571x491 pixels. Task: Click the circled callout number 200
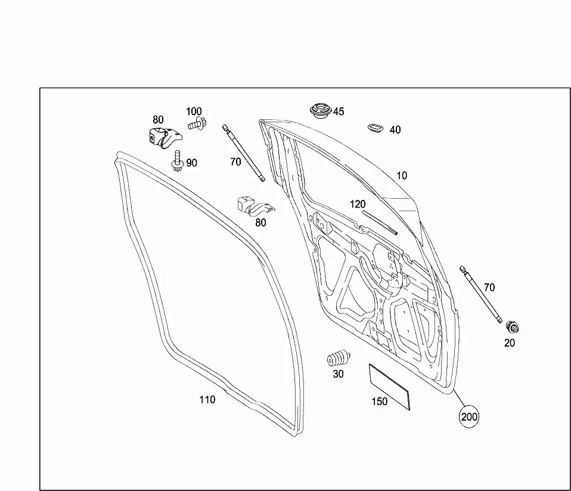pyautogui.click(x=469, y=416)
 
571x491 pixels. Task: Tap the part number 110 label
pyautogui.click(x=207, y=400)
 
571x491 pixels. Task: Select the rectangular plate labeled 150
pyautogui.click(x=389, y=387)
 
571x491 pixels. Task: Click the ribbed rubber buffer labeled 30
pyautogui.click(x=339, y=359)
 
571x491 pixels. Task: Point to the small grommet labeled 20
pyautogui.click(x=513, y=328)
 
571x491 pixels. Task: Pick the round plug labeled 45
pyautogui.click(x=321, y=110)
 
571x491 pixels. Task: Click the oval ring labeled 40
pyautogui.click(x=375, y=128)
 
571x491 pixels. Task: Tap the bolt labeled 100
pyautogui.click(x=197, y=123)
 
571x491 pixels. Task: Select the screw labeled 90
pyautogui.click(x=177, y=161)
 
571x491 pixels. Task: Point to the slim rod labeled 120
pyautogui.click(x=380, y=223)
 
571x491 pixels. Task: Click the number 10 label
pyautogui.click(x=402, y=175)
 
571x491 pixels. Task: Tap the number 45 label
pyautogui.click(x=339, y=112)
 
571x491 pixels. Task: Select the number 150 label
pyautogui.click(x=380, y=402)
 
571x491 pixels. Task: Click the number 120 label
pyautogui.click(x=358, y=204)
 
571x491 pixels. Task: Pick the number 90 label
pyautogui.click(x=191, y=163)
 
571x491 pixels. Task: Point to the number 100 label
pyautogui.click(x=194, y=112)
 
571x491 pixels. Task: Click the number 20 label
pyautogui.click(x=510, y=343)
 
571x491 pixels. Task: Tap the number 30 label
pyautogui.click(x=339, y=374)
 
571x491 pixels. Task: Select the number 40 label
pyautogui.click(x=395, y=130)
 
